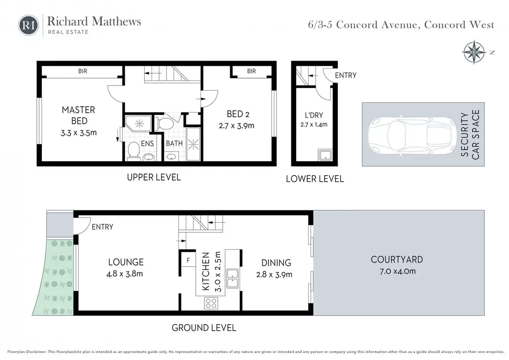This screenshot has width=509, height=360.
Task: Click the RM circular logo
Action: click(28, 25)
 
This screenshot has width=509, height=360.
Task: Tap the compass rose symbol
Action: click(474, 52)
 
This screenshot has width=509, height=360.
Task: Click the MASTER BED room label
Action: click(79, 115)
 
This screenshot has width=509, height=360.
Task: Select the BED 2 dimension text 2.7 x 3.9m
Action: click(236, 126)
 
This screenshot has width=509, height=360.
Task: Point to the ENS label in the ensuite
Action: click(147, 144)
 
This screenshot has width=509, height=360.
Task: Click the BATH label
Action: click(174, 143)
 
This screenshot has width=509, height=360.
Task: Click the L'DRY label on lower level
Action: click(314, 115)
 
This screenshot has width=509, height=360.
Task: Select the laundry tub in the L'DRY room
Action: click(325, 155)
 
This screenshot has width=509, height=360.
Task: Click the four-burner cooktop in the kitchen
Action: click(211, 303)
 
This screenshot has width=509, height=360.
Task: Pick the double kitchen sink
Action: click(232, 278)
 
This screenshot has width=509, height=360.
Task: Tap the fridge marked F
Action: click(188, 260)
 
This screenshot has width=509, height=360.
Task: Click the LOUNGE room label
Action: click(126, 262)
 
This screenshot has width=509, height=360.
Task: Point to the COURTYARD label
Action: click(397, 260)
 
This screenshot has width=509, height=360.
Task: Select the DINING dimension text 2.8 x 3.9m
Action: click(274, 274)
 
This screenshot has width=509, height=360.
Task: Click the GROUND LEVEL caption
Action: click(204, 328)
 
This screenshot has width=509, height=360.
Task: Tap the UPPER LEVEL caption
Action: click(154, 177)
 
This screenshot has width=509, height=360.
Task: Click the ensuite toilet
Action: click(133, 151)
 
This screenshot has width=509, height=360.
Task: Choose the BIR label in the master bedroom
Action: click(83, 71)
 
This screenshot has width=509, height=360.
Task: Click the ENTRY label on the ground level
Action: click(102, 227)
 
